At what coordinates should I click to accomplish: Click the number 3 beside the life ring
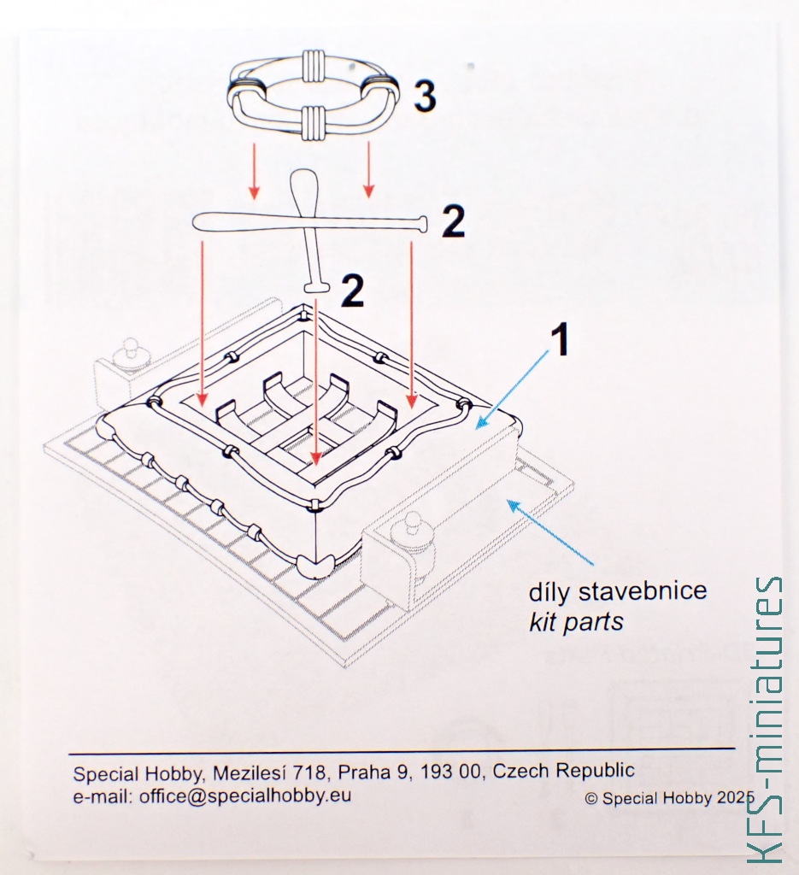point(425,96)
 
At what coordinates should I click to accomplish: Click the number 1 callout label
point(561,340)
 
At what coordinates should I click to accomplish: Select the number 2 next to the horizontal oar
point(453,222)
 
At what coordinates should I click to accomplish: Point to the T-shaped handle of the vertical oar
point(316,287)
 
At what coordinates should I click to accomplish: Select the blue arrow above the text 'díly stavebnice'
point(551,532)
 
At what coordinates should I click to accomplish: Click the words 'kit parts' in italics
point(576,621)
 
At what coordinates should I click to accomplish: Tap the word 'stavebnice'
point(643,590)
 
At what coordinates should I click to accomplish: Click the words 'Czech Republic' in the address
point(563,771)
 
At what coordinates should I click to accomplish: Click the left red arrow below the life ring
point(255,171)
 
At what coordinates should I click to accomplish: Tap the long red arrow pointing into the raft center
point(316,382)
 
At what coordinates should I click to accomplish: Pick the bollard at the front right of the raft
point(413,535)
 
